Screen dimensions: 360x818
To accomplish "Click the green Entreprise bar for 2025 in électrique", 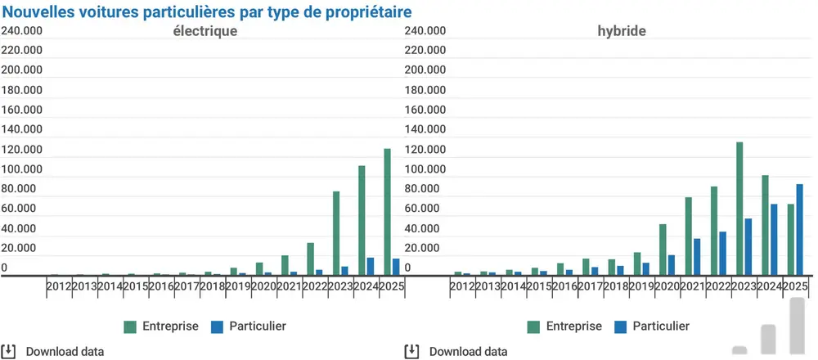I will (x=388, y=212).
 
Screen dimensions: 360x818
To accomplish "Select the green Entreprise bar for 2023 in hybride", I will (x=739, y=209).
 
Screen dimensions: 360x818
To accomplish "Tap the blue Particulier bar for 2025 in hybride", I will (x=799, y=229).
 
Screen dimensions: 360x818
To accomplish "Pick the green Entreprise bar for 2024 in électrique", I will (x=362, y=221).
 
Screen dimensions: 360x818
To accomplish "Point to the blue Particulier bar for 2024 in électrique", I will (x=371, y=267).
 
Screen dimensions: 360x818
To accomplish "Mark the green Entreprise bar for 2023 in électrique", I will (x=336, y=233).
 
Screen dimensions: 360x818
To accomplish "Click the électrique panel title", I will (x=204, y=32).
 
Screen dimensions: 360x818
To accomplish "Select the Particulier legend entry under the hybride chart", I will (x=661, y=326).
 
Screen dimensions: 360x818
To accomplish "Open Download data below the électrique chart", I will (x=65, y=352).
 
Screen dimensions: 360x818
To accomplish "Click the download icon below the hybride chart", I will (x=412, y=352).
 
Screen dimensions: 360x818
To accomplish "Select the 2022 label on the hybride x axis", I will (x=718, y=286).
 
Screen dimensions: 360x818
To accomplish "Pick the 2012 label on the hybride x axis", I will (x=462, y=286).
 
